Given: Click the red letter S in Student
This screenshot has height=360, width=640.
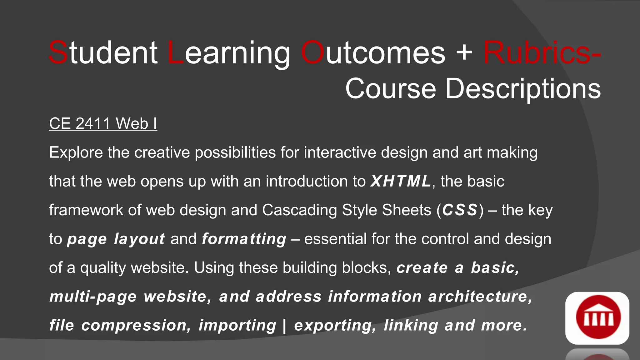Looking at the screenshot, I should point(58,53).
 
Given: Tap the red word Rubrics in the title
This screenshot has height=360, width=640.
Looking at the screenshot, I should point(537,53).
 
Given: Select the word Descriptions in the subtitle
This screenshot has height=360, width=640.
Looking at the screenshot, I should point(522,89).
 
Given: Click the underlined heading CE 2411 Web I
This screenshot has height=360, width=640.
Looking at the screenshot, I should point(103,124).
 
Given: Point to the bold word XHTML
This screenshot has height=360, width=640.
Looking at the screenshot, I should point(401,181).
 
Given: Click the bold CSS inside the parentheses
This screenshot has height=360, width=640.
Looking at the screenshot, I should point(460,210).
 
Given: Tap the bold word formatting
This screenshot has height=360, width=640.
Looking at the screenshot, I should point(244,239).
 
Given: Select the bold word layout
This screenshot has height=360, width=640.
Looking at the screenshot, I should point(139,239).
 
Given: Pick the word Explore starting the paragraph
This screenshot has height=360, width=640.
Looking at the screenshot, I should point(76,153).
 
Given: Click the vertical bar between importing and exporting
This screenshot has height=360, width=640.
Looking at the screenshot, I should point(284,325).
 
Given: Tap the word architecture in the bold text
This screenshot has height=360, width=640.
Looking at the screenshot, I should point(480,297).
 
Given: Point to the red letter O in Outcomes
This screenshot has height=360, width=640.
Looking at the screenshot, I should point(313,53).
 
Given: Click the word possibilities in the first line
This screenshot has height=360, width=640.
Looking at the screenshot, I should point(235,153).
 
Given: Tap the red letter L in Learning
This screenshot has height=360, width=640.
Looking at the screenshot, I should point(176,53).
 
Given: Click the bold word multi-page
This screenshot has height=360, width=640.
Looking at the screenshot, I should point(93,297).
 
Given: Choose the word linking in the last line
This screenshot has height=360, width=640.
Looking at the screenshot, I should point(411,326).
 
